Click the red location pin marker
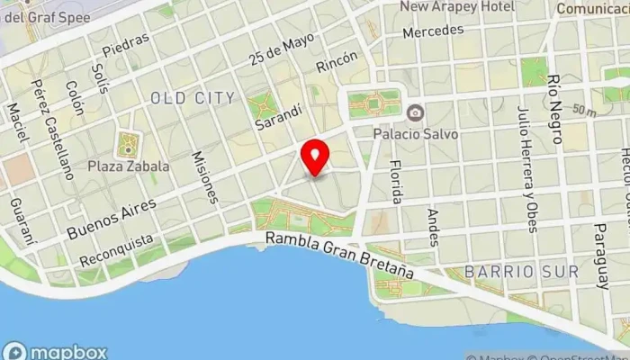pos(315,157)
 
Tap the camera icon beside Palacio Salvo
pos(415,113)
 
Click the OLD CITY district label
pos(193,97)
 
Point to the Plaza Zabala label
pos(128,166)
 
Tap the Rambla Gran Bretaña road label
pos(339,255)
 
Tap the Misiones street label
pos(205,176)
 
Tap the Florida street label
pos(395,182)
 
